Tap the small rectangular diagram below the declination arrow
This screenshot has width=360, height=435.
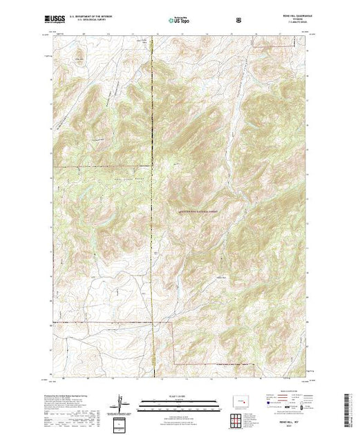point(122,423)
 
